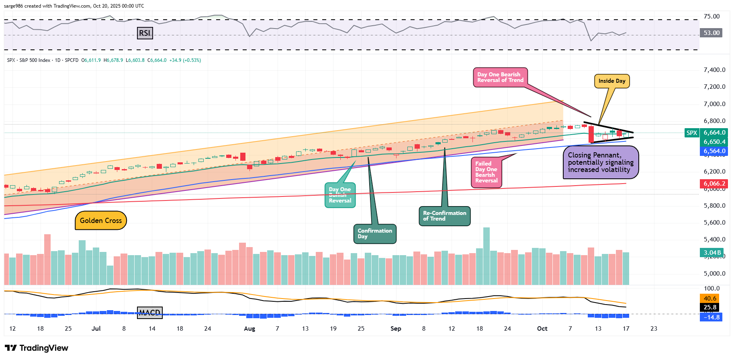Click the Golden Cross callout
(x=100, y=221)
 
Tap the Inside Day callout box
(x=611, y=81)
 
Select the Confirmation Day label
(x=375, y=234)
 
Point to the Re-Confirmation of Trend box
(x=444, y=216)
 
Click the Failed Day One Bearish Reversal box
(x=486, y=172)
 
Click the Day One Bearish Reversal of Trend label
(x=500, y=77)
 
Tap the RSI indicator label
(x=145, y=33)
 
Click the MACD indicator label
(x=149, y=313)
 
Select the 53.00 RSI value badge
(x=712, y=33)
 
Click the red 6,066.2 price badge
(x=714, y=184)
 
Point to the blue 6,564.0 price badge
(x=714, y=151)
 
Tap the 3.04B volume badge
(x=712, y=253)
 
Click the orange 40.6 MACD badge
(x=710, y=299)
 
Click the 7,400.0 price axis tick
(x=714, y=70)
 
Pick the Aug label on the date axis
(x=249, y=329)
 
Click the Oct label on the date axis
(x=542, y=329)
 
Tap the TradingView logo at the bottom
(x=37, y=348)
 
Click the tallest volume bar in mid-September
(x=486, y=256)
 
